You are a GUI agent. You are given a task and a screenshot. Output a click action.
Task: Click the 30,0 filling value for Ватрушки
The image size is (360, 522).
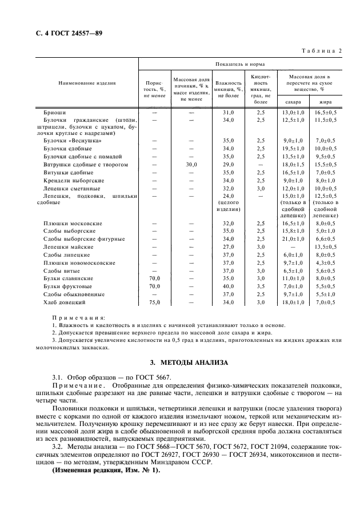191,164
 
